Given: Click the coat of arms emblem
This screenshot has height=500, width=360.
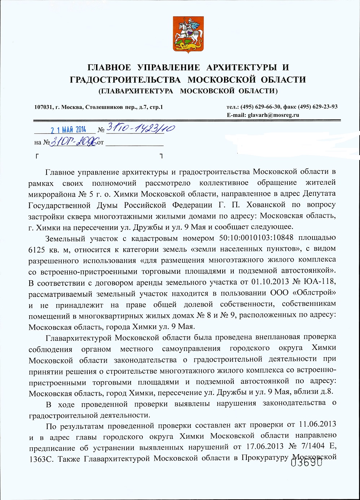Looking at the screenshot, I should (x=186, y=35).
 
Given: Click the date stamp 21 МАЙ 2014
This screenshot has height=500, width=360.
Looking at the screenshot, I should (x=68, y=130).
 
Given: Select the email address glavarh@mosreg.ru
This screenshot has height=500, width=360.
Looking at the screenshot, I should (x=273, y=115).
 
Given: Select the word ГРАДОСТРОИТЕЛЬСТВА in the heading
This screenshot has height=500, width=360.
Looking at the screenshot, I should (x=125, y=79).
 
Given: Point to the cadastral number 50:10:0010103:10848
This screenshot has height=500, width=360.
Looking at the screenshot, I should (x=256, y=238).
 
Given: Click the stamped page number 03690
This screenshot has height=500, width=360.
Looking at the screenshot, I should (x=307, y=462).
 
